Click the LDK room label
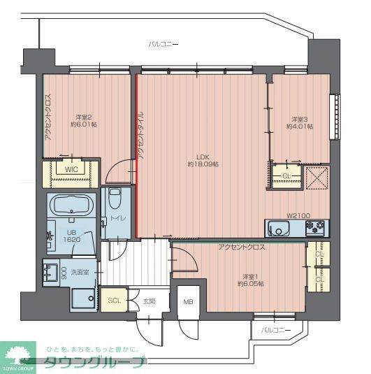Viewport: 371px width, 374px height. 203,157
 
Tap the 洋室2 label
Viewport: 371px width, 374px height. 84,117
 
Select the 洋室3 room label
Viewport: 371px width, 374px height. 300,119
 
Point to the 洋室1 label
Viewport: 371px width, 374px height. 250,277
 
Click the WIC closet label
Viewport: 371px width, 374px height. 71,169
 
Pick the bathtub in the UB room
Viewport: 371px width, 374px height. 71,205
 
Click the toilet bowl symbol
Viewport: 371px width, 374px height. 115,199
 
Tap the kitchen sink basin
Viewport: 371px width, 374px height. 278,229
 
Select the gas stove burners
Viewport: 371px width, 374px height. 315,228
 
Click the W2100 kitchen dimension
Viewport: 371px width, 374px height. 298,216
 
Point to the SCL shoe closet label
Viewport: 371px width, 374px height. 114,301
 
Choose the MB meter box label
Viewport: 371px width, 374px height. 188,302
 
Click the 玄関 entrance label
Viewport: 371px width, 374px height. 149,301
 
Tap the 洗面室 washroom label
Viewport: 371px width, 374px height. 80,272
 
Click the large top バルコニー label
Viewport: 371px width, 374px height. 163,44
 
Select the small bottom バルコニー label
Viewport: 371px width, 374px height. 276,331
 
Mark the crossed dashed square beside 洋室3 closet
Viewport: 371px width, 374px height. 317,178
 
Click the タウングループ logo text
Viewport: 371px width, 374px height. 95,363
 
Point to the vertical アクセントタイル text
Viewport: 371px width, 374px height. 140,136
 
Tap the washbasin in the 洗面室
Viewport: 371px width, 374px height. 50,273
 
